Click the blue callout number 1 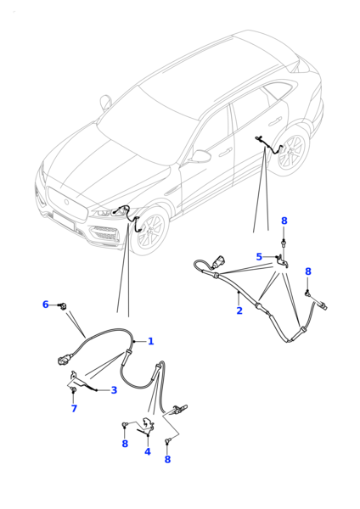151,341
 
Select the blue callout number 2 239,310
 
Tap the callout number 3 114,390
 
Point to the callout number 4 148,451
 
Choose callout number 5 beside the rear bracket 259,257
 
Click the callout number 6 46,305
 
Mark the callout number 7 74,408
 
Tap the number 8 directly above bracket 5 284,221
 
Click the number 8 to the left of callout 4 125,444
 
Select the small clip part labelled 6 62,305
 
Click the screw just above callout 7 73,390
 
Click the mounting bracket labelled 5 281,261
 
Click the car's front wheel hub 150,232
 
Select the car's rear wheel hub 290,151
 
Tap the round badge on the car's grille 66,202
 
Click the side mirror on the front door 200,156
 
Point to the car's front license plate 64,220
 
